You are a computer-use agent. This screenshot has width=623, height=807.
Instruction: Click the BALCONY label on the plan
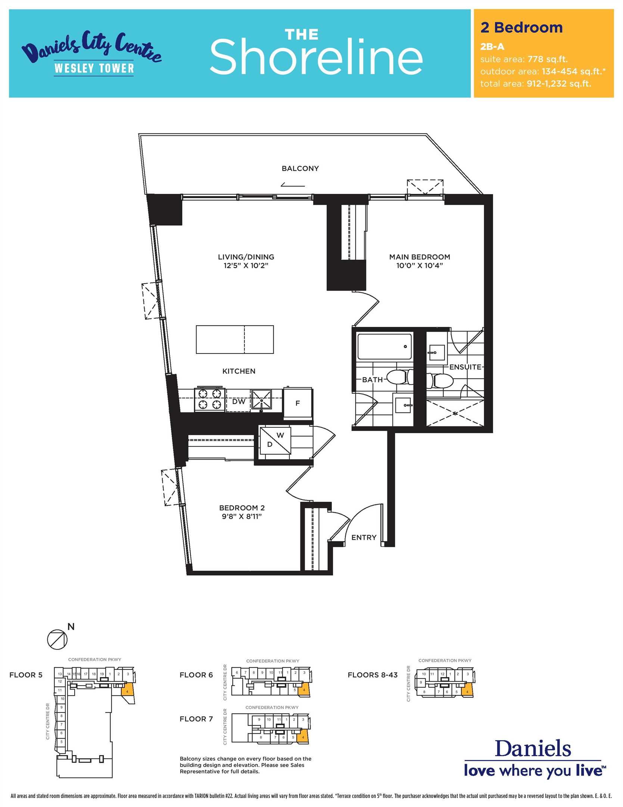tap(300, 168)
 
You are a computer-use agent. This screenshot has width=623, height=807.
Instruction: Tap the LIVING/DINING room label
tap(246, 257)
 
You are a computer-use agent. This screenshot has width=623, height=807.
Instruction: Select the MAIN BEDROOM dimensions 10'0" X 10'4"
tap(420, 266)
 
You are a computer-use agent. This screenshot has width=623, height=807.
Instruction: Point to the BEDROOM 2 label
tap(242, 508)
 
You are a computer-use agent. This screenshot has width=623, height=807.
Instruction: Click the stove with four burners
tap(210, 399)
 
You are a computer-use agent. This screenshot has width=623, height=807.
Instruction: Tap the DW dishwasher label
tap(239, 401)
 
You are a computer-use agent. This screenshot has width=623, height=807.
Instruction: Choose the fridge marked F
tap(298, 403)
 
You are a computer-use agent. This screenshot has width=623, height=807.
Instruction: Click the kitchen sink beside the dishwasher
tap(261, 400)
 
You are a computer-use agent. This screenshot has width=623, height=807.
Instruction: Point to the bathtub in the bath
tap(384, 347)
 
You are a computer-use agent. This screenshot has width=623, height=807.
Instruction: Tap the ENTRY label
tap(364, 537)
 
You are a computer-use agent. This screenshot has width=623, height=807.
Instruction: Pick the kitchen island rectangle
tap(235, 339)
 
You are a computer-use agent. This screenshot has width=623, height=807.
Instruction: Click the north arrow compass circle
tap(57, 639)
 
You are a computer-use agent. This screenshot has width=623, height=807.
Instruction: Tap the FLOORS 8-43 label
tap(373, 675)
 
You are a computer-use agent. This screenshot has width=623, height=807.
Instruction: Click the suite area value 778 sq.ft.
tap(548, 59)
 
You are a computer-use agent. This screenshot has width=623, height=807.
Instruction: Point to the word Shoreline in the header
tap(316, 57)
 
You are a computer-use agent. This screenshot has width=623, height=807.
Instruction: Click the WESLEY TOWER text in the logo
tap(94, 68)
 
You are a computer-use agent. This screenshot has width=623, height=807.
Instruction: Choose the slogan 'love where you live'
tap(535, 771)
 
